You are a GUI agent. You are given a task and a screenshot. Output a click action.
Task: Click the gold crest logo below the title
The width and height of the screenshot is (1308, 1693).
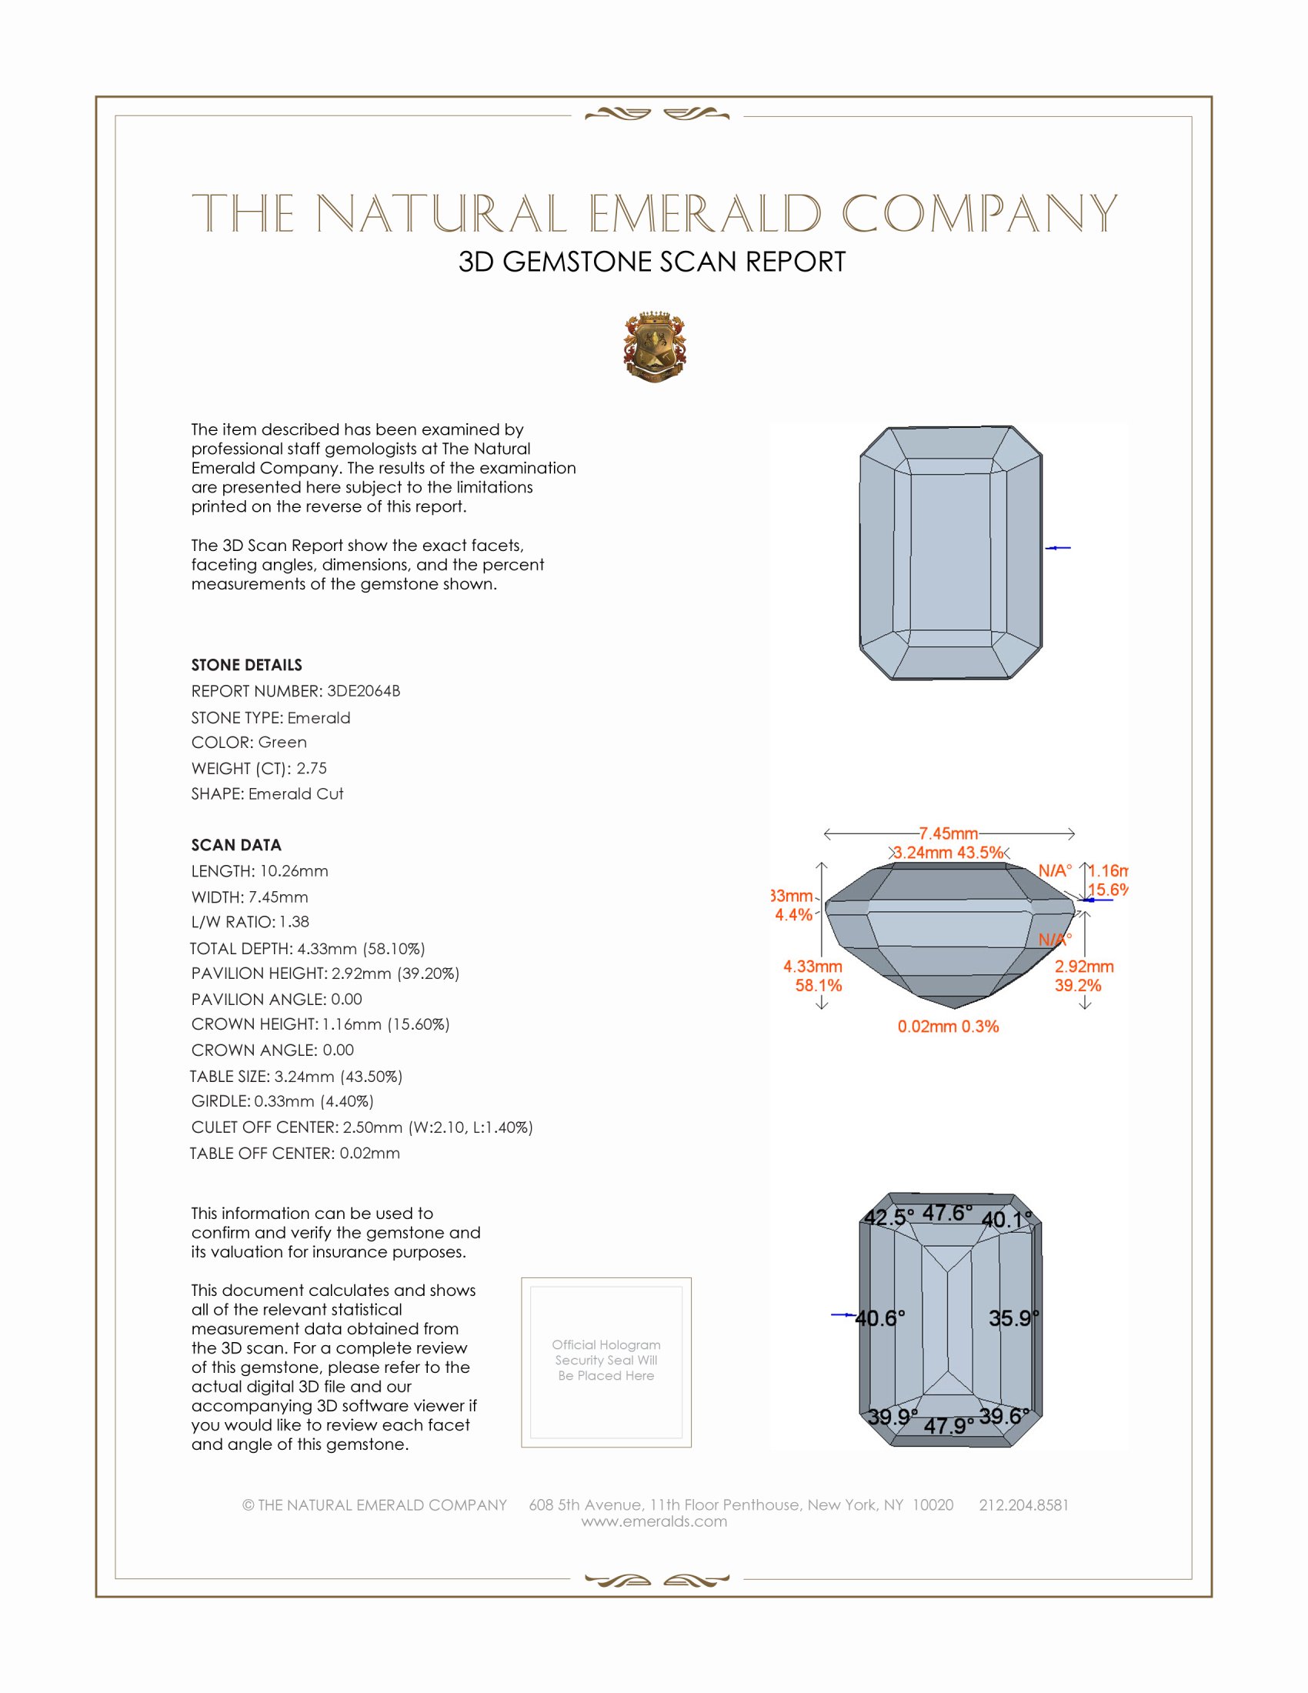click(x=654, y=346)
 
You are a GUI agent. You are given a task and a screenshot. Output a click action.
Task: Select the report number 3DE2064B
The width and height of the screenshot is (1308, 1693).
click(x=363, y=691)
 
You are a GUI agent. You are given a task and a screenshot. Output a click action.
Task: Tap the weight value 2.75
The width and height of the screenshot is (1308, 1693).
click(x=312, y=768)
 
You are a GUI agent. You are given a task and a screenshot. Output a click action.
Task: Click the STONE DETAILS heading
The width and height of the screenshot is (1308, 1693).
click(x=246, y=664)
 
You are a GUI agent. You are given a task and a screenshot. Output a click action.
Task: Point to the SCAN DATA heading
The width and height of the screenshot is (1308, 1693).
click(x=236, y=845)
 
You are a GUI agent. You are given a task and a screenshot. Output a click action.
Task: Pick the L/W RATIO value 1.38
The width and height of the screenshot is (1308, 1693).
click(x=294, y=922)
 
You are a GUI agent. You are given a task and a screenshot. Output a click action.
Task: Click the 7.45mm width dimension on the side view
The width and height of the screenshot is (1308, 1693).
click(x=949, y=833)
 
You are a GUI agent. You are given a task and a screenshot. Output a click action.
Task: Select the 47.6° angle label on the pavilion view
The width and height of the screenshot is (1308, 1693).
click(x=947, y=1212)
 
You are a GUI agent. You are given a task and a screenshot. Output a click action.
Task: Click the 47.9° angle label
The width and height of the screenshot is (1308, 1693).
click(x=949, y=1425)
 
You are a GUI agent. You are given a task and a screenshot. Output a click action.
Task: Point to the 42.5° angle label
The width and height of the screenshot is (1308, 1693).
click(x=889, y=1217)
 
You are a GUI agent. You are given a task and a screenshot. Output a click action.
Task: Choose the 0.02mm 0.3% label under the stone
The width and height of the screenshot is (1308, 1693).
click(x=948, y=1027)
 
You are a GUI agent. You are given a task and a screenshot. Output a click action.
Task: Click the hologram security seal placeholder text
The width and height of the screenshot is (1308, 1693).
click(x=606, y=1360)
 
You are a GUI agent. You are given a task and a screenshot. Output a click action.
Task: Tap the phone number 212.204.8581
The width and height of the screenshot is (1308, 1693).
click(x=1023, y=1504)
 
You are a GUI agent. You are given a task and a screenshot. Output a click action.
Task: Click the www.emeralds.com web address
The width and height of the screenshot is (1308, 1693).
click(x=654, y=1521)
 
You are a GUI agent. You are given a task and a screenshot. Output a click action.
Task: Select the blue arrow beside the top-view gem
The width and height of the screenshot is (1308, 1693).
click(x=1058, y=548)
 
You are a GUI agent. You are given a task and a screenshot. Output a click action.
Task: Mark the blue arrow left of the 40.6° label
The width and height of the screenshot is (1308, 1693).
click(x=843, y=1314)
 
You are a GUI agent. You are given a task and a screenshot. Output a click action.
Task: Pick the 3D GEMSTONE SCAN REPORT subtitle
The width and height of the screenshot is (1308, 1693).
click(x=652, y=262)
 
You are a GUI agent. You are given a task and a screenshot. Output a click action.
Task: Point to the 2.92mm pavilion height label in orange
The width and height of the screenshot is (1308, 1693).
click(x=1083, y=967)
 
